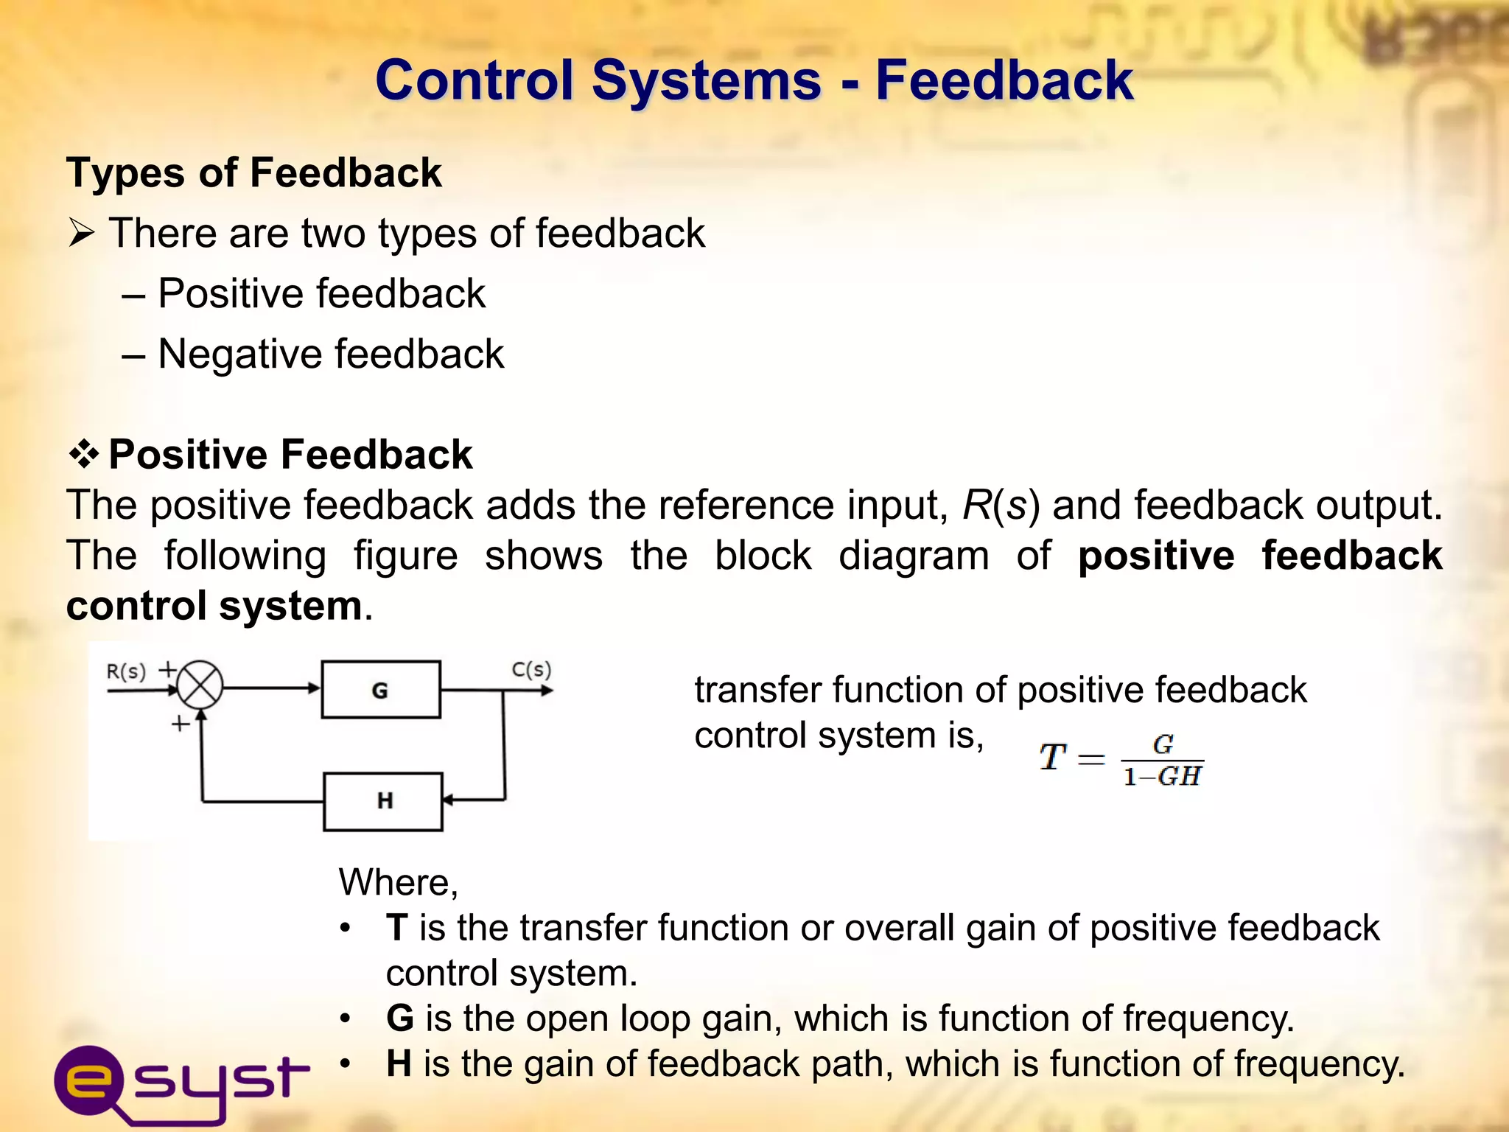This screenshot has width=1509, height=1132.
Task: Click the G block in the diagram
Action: (381, 690)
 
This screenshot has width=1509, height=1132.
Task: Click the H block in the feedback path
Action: (383, 801)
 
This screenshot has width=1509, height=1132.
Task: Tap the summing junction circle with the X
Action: (200, 685)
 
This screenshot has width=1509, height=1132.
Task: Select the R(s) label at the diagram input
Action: (126, 671)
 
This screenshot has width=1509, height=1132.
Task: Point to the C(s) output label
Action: (531, 669)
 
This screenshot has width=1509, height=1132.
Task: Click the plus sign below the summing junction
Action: (181, 724)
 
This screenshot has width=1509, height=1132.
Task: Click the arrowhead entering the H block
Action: (448, 800)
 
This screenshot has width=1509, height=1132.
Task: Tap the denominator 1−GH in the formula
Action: (1162, 777)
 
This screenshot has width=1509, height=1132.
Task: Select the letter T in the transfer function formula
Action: (1051, 757)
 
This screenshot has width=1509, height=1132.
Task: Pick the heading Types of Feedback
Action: (254, 173)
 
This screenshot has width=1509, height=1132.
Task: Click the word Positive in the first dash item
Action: (230, 293)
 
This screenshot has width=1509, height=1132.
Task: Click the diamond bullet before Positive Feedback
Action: (84, 454)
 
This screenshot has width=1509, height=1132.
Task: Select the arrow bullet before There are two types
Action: (82, 234)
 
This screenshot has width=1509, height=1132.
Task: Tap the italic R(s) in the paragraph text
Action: (1001, 506)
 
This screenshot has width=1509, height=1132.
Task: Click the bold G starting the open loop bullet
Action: (400, 1018)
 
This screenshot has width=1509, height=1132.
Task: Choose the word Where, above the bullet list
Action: (398, 882)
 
